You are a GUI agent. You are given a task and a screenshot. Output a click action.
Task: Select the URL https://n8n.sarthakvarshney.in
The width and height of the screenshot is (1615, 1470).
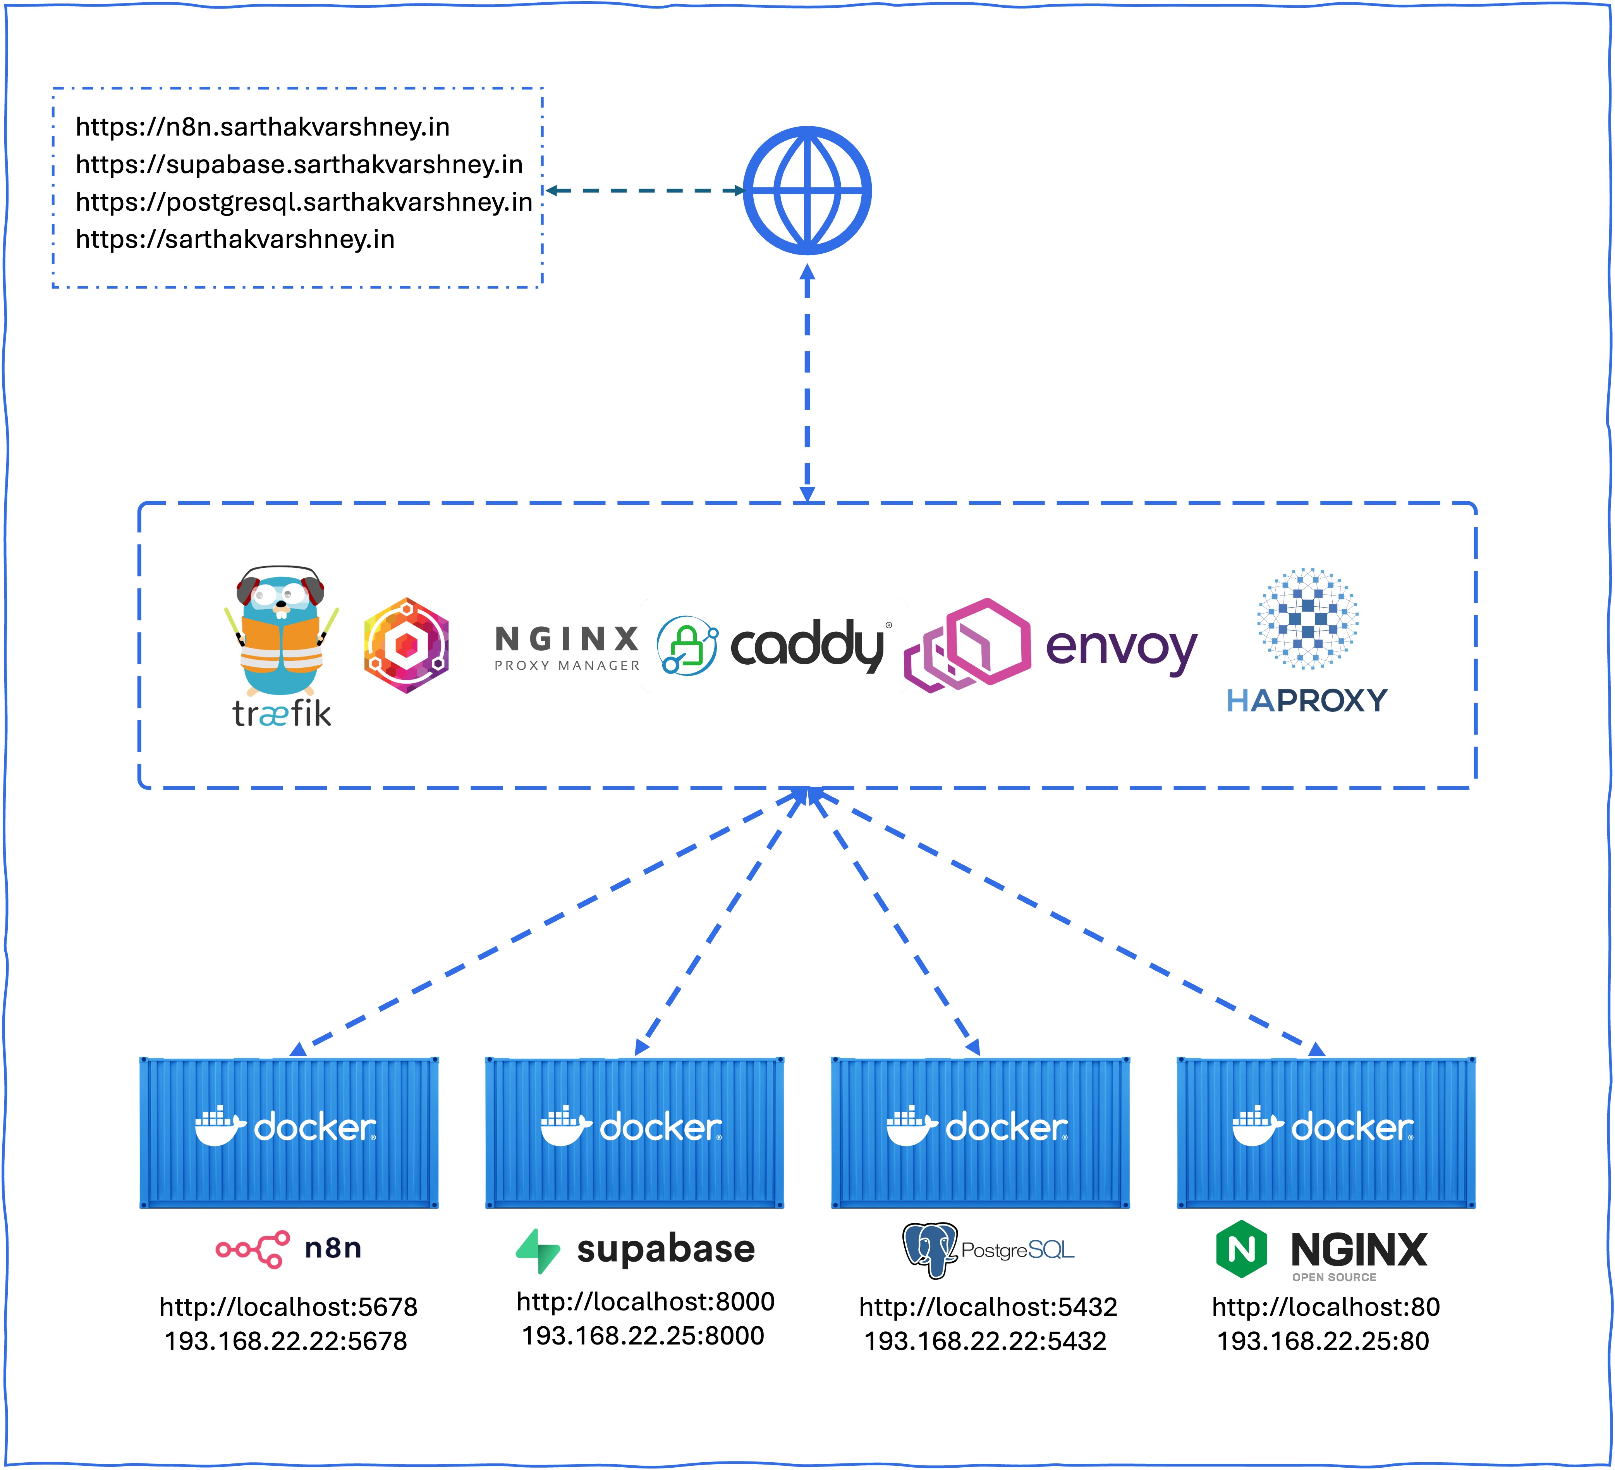(x=263, y=127)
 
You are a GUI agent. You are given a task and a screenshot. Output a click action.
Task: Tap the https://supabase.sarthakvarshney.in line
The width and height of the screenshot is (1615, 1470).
(x=299, y=164)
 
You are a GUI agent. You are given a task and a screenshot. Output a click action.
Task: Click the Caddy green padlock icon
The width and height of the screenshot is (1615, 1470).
(x=687, y=646)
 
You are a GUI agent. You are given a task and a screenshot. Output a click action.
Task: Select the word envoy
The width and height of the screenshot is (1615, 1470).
(x=1122, y=647)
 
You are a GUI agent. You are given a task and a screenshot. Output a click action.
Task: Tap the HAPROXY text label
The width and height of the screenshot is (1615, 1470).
(x=1307, y=701)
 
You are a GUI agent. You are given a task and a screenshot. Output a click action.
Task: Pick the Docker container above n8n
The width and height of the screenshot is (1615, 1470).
(x=289, y=1132)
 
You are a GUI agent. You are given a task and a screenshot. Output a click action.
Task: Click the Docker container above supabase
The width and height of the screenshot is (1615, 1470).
(x=634, y=1132)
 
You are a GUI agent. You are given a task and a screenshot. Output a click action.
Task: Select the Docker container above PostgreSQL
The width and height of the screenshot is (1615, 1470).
(x=981, y=1132)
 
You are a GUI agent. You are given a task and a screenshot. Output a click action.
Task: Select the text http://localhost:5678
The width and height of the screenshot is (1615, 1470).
(x=289, y=1307)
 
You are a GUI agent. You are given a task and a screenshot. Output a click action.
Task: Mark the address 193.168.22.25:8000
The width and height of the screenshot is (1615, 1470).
(x=643, y=1336)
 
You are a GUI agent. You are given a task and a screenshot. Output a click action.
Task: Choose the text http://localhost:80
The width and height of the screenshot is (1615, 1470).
(x=1326, y=1307)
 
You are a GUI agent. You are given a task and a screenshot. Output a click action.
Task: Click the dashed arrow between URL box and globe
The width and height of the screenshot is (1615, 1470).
(x=645, y=191)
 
